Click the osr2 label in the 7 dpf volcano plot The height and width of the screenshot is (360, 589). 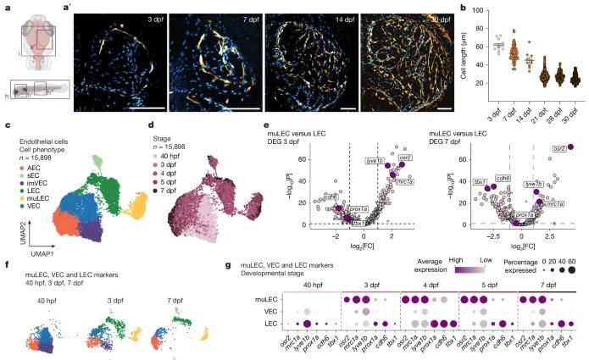pos(559,147)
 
